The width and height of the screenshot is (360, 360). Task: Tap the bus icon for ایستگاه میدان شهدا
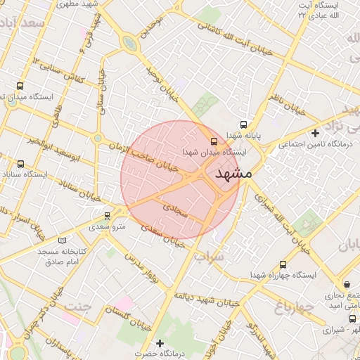tap(214, 139)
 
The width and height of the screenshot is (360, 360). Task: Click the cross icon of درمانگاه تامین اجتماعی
tap(316, 132)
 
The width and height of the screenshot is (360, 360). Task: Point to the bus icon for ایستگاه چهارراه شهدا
tap(283, 265)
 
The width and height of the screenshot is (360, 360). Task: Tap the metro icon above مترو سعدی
tap(107, 216)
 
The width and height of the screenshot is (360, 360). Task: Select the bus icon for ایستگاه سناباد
tap(20, 164)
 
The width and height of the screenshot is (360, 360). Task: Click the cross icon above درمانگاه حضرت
tap(160, 343)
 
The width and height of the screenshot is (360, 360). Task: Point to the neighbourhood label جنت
tap(78, 306)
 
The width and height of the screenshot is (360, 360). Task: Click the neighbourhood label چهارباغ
tap(292, 307)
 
